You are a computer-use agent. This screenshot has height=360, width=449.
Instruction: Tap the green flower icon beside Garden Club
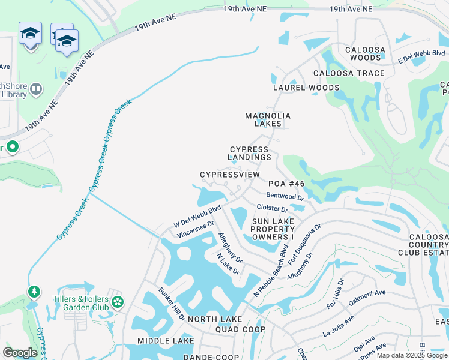(118, 302)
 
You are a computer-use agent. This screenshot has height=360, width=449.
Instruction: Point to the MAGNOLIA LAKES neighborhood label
(268, 119)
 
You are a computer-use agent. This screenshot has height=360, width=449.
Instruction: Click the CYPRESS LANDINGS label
(250, 153)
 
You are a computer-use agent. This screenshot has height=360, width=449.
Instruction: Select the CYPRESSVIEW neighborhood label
(230, 175)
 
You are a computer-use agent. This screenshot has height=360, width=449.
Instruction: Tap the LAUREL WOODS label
(306, 88)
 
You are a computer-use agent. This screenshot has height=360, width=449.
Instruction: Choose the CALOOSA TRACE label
(349, 73)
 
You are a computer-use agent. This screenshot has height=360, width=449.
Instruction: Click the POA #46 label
(286, 184)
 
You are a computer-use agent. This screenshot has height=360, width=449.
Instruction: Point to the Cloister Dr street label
(272, 208)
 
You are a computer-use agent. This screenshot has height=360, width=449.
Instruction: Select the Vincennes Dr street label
(195, 229)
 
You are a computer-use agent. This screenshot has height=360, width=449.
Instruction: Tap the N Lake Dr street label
(228, 263)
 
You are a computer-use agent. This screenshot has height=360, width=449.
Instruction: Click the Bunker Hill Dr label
(172, 304)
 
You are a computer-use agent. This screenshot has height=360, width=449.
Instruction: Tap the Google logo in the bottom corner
(20, 352)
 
